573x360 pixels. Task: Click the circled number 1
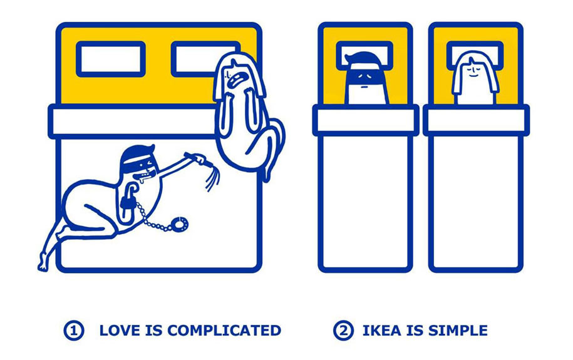point(74,331)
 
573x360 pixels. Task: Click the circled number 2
point(343,331)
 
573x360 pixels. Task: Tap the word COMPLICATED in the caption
point(224,331)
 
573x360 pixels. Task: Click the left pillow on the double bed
point(111,59)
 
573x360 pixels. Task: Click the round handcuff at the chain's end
point(180,224)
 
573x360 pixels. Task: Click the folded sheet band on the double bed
point(132,121)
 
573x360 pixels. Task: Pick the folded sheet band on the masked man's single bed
point(366,120)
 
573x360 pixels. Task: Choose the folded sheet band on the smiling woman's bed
point(476,120)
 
